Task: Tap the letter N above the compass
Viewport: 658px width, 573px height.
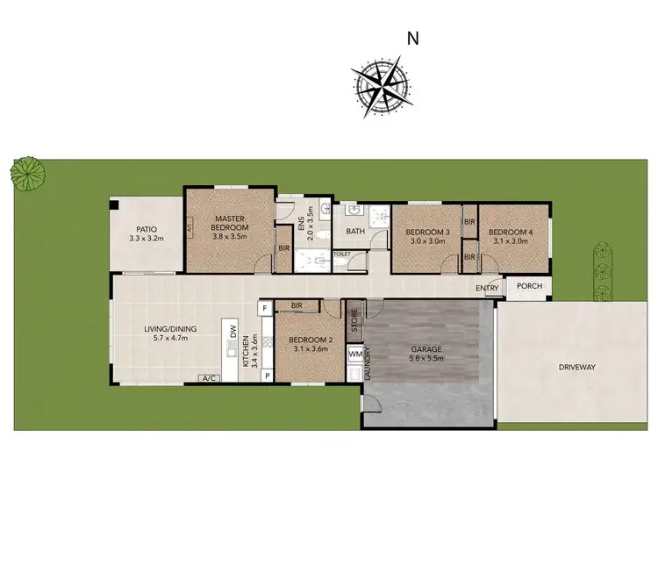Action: pos(412,38)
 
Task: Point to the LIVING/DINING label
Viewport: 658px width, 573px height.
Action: pos(170,330)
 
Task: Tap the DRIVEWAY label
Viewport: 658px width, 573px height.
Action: pos(576,367)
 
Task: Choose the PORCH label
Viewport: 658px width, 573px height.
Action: pos(529,286)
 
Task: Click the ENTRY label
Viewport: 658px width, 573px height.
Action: pos(488,289)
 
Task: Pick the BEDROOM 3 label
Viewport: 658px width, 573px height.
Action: pos(427,233)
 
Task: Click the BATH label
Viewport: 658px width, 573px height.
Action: pos(355,232)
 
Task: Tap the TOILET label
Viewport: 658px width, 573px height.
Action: pos(342,254)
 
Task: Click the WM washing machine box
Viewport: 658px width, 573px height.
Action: pos(355,354)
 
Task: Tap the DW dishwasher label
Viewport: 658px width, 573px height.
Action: pos(234,332)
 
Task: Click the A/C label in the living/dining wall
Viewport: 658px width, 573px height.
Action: pos(209,379)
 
